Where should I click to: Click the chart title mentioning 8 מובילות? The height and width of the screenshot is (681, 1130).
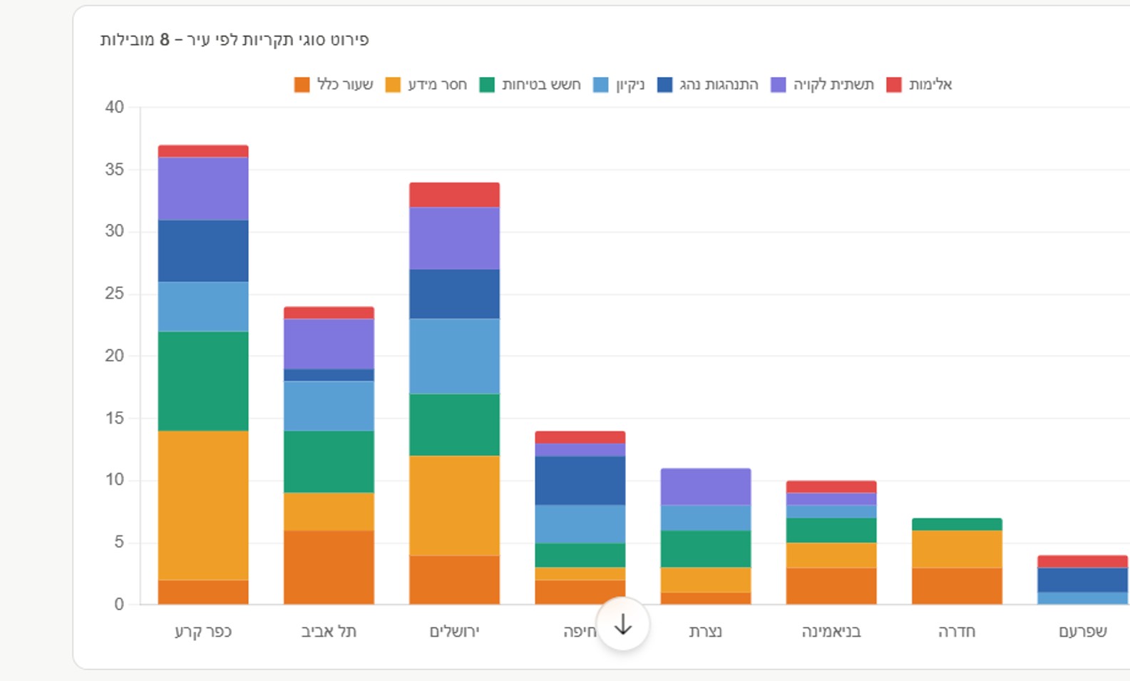(235, 40)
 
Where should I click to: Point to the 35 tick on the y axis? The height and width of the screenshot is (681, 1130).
(114, 170)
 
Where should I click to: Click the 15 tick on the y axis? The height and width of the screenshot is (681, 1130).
(114, 418)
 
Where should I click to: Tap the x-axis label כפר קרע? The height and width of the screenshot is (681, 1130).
(203, 632)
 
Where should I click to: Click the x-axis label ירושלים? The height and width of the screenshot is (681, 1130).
(454, 632)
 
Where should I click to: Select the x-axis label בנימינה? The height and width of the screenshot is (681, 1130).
(831, 632)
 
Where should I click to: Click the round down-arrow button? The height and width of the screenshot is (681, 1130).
(623, 625)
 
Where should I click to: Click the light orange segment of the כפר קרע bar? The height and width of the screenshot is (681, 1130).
(203, 505)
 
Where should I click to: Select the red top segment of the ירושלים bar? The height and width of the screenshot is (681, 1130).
(454, 195)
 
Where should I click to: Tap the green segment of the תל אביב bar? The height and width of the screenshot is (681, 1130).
(329, 461)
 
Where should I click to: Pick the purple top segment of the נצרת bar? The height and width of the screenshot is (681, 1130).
(706, 486)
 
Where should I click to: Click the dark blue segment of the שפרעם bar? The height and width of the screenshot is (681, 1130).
(1082, 580)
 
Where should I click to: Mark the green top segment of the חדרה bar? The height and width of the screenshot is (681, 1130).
(957, 524)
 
